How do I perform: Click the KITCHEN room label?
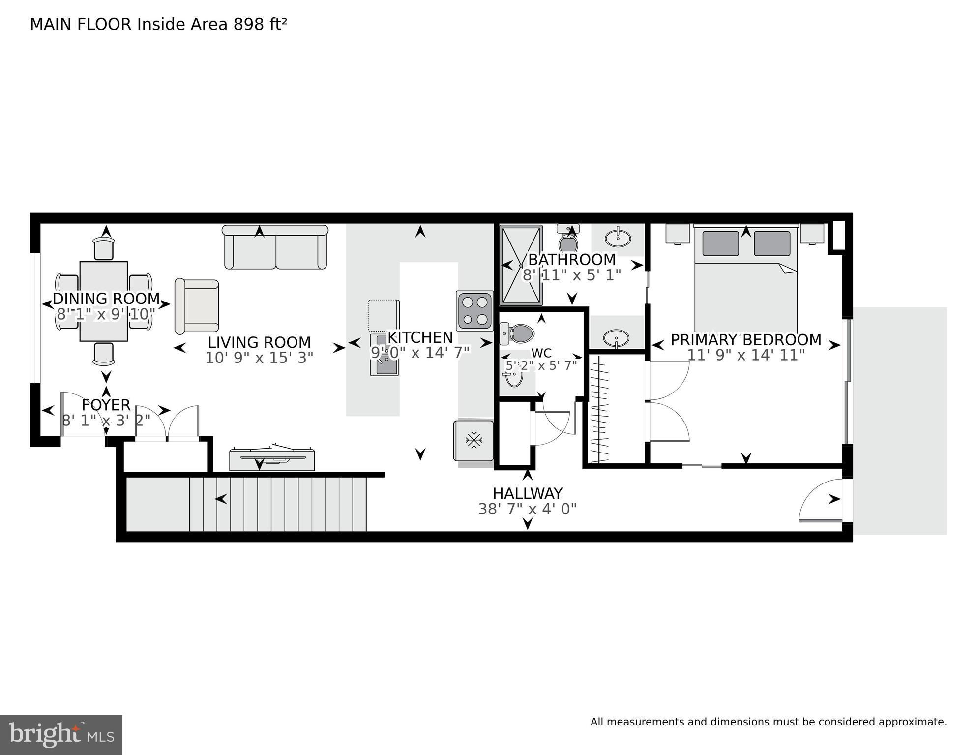(420, 337)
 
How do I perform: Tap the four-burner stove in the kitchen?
(474, 310)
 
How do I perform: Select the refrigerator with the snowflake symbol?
(474, 440)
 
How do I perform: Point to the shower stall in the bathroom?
(521, 266)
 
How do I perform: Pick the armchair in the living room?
(197, 306)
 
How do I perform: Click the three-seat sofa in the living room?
(275, 247)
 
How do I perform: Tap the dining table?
(104, 301)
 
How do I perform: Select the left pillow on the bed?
(720, 243)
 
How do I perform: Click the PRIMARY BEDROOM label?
(746, 340)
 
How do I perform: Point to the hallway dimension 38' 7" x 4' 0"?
(528, 509)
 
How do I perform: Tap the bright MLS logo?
(61, 735)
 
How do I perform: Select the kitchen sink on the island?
(385, 355)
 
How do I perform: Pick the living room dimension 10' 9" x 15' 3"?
(259, 358)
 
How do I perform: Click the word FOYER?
(106, 405)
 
